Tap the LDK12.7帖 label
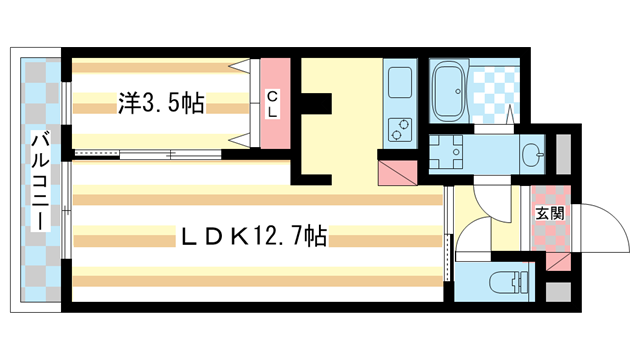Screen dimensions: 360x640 pos(251,237)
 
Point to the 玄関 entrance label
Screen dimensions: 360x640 pos(549,212)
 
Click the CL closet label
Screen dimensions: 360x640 pos(272,104)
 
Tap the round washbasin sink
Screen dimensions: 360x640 pos(531,154)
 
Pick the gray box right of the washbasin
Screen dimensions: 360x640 pos(563,154)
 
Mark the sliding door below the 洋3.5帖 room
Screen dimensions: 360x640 pos(150,154)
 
